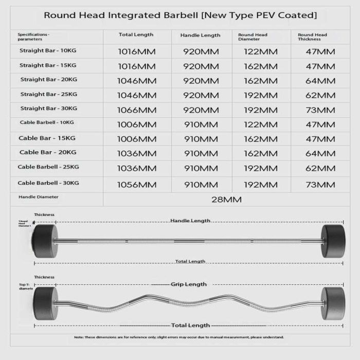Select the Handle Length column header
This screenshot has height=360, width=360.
[x=200, y=35]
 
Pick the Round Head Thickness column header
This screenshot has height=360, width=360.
[x=312, y=37]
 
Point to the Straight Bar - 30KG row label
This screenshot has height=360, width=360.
[x=49, y=109]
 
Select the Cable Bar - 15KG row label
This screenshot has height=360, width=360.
[x=47, y=138]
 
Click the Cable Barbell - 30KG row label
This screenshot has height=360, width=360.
[x=48, y=183]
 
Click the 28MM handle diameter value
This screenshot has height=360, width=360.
[x=227, y=200]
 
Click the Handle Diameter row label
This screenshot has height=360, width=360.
[x=39, y=197]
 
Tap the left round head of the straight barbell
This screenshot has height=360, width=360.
[x=43, y=240]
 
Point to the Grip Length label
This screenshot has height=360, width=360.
[x=189, y=284]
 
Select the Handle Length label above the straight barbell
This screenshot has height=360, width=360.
[x=190, y=221]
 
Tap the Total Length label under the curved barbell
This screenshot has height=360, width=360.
[x=190, y=325]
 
